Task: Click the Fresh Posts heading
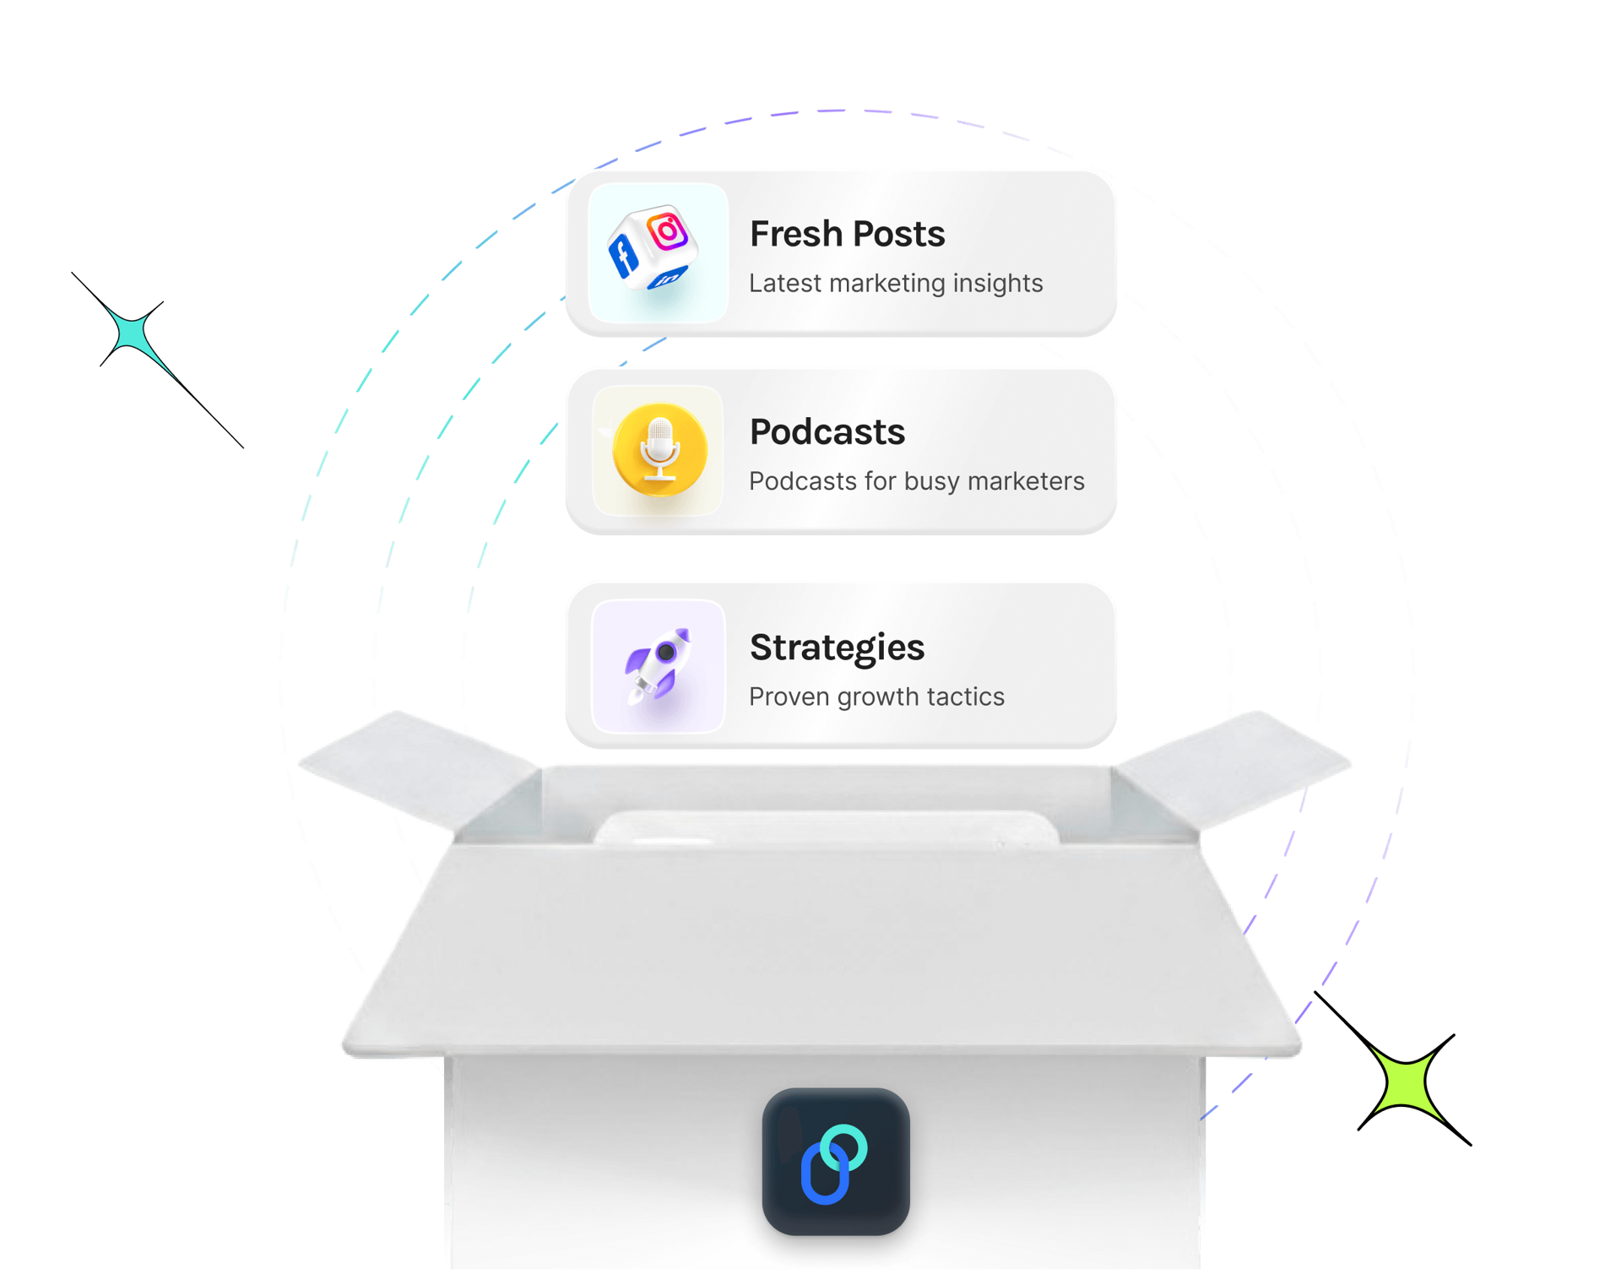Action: click(847, 234)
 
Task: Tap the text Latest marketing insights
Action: click(895, 283)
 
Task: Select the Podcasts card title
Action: click(827, 432)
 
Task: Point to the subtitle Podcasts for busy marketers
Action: click(916, 481)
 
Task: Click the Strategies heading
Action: click(837, 648)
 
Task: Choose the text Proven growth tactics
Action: click(876, 697)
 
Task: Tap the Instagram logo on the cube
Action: click(668, 230)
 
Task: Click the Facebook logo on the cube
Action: click(624, 256)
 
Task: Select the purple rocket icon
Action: click(658, 665)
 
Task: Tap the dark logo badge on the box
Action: click(835, 1161)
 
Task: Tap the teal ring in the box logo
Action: click(844, 1147)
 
